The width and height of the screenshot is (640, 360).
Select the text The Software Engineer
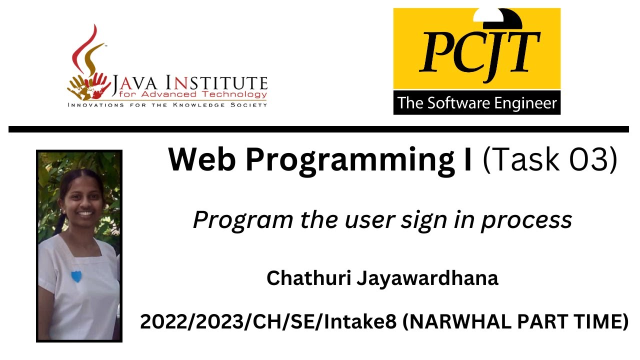tap(476, 103)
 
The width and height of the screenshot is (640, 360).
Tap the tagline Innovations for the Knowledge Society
tap(167, 105)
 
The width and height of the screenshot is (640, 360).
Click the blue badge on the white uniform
tap(76, 276)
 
